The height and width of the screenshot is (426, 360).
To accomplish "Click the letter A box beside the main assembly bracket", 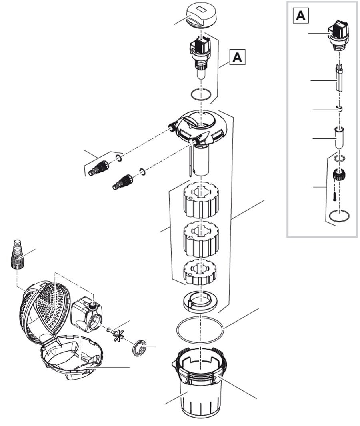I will (x=237, y=57).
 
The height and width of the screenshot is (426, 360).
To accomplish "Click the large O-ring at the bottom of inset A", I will (x=339, y=217).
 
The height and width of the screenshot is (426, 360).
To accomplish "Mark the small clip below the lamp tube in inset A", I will (x=339, y=108).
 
